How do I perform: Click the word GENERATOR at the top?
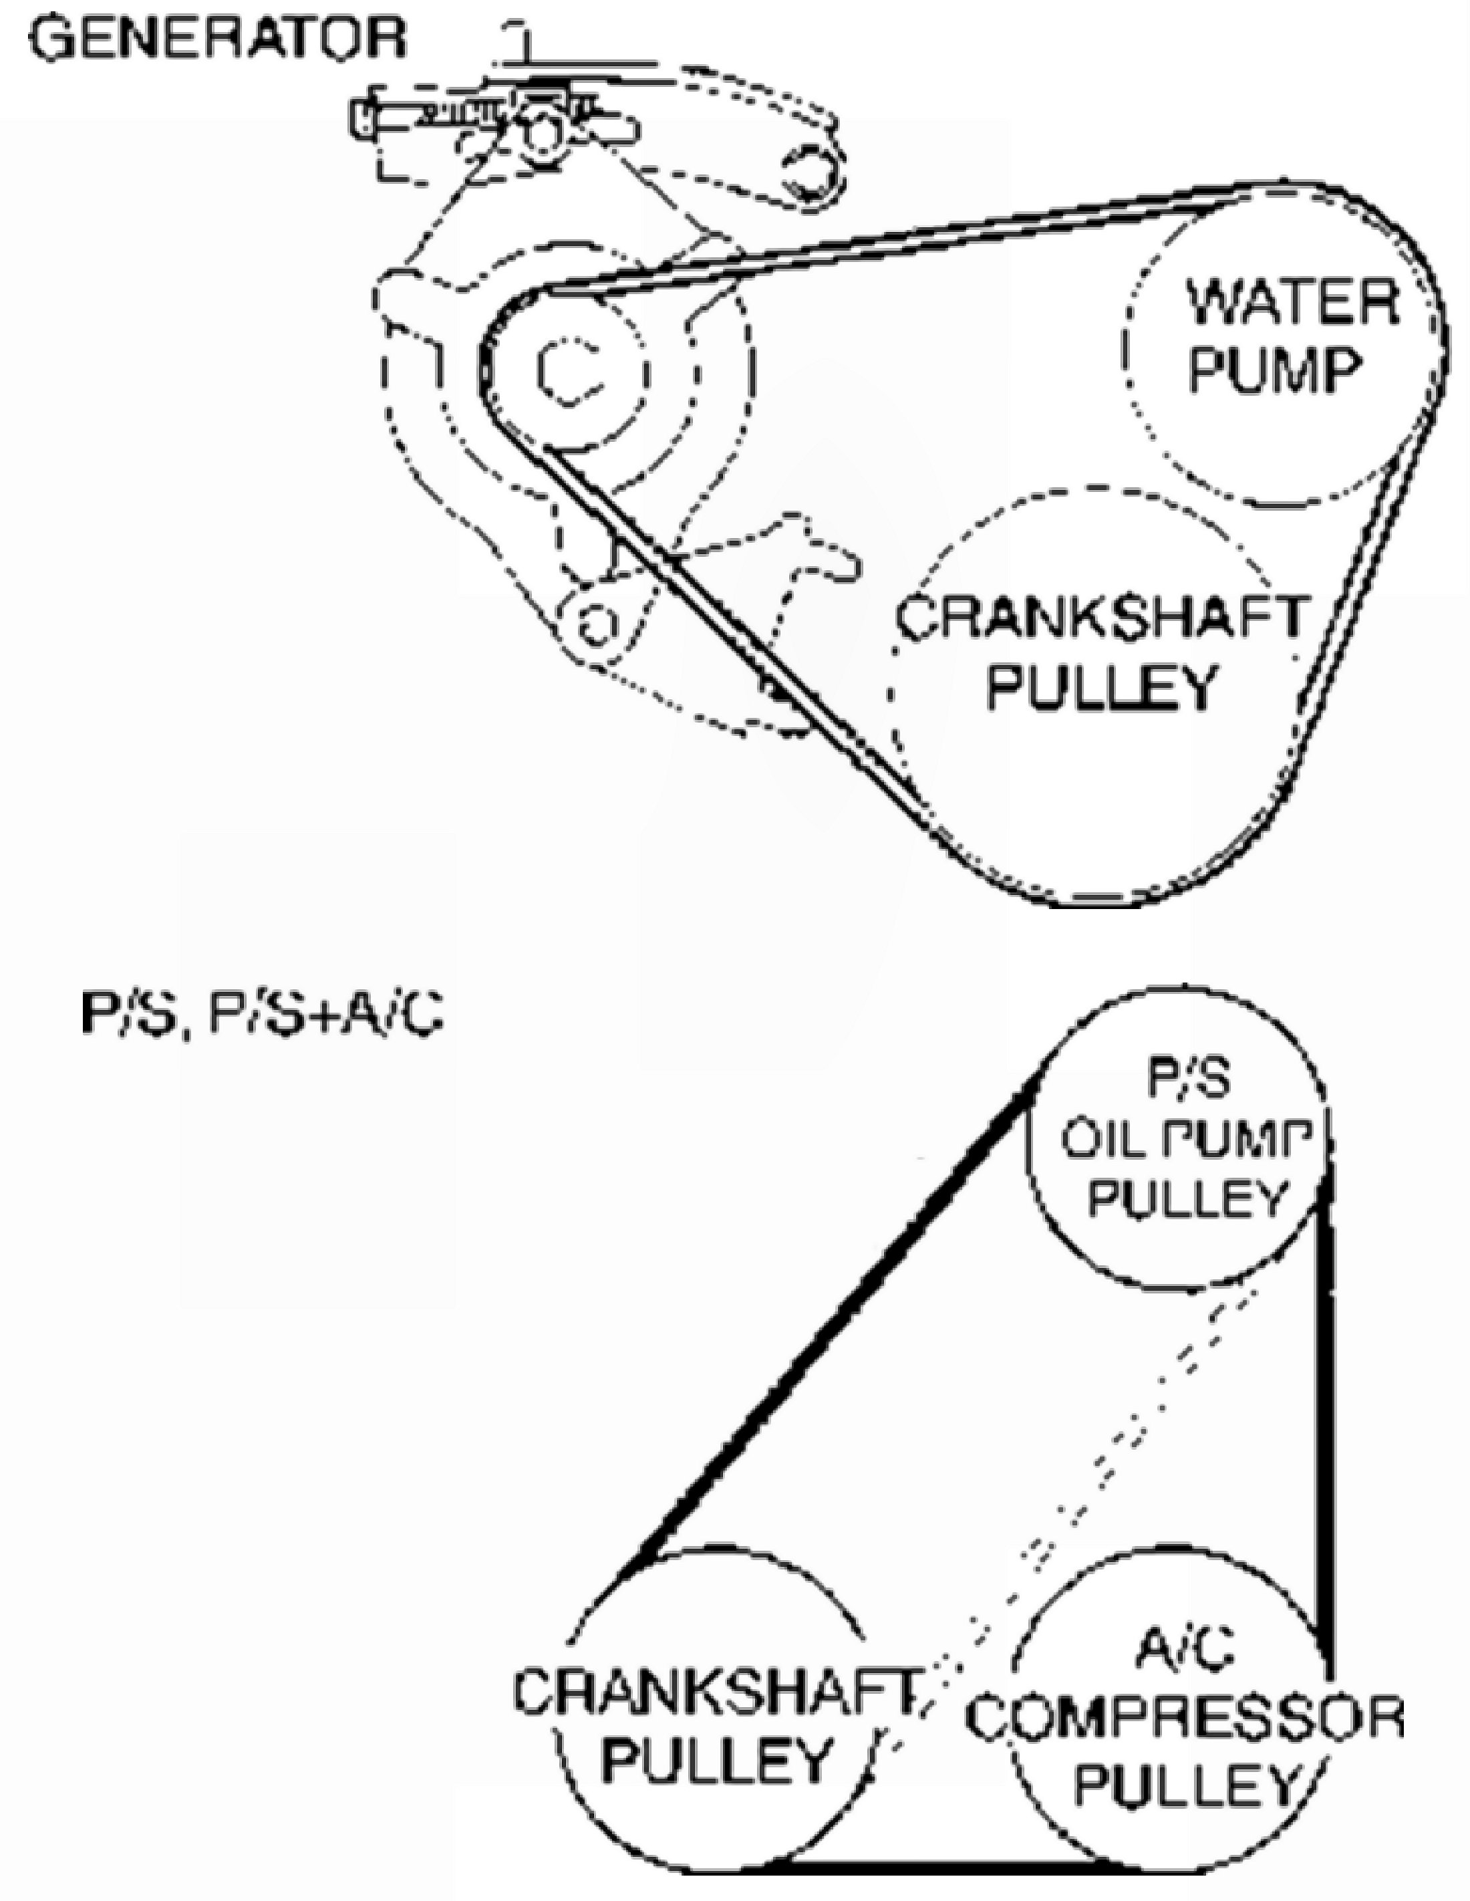[218, 39]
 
